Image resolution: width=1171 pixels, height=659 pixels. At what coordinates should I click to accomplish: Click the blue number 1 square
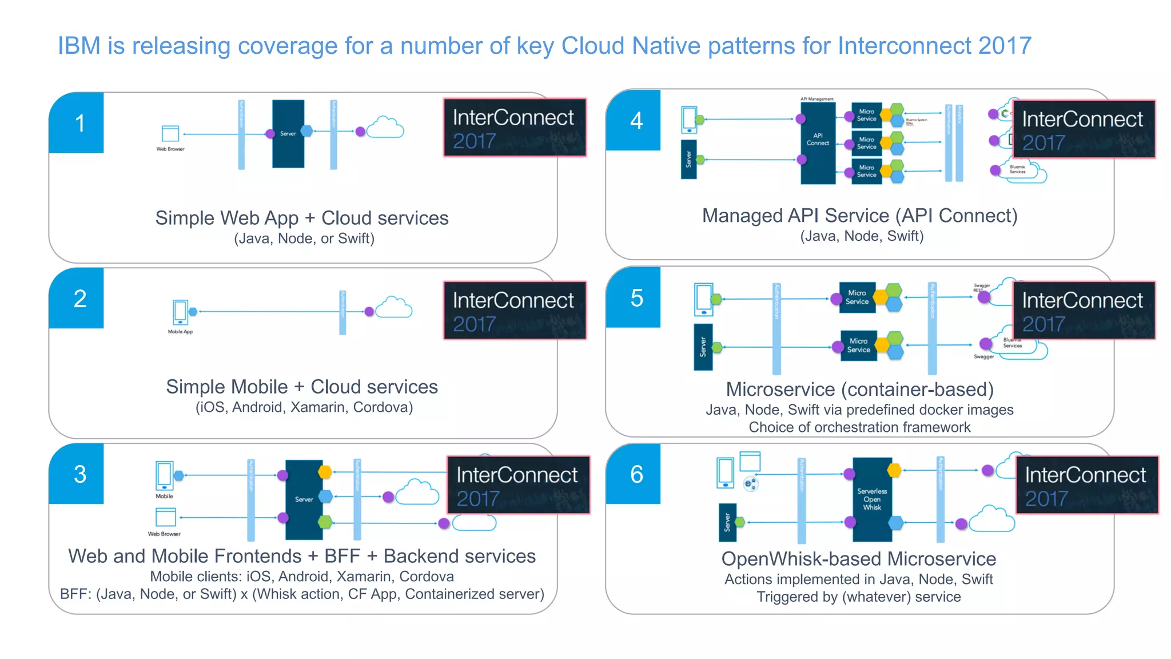tap(77, 123)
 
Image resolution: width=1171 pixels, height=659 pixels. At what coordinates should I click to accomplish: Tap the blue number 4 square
tap(634, 121)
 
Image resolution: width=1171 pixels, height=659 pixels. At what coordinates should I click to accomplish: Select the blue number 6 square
tap(634, 474)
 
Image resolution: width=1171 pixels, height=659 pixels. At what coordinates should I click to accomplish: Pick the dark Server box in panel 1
tap(288, 134)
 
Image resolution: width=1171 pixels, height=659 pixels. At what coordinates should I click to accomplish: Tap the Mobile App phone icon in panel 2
tap(181, 312)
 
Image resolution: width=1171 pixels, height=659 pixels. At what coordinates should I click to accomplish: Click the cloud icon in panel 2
tap(394, 308)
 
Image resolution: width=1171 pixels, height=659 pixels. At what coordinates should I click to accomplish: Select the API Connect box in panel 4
tap(818, 141)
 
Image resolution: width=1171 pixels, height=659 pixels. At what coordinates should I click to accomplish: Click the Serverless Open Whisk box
tap(872, 499)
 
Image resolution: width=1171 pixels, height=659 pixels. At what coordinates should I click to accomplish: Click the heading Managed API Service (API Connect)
tap(860, 216)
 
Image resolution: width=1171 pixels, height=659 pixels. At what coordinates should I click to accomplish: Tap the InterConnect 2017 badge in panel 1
tap(515, 128)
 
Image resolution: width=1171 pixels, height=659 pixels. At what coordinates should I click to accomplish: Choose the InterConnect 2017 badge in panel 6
tap(1086, 485)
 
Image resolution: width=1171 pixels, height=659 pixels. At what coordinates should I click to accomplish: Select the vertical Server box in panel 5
tap(703, 347)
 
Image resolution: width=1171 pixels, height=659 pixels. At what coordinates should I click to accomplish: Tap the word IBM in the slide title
tap(79, 46)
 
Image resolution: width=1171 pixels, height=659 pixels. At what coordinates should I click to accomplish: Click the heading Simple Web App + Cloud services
tap(302, 218)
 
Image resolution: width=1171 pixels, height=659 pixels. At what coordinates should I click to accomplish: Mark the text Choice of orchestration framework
tap(859, 427)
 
